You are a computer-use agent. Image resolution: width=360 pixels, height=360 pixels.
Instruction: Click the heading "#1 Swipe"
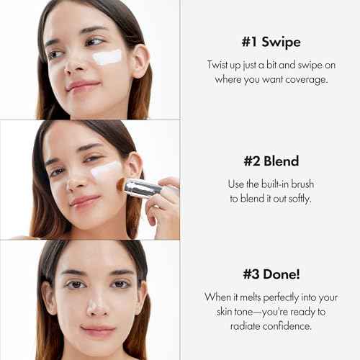[271, 41]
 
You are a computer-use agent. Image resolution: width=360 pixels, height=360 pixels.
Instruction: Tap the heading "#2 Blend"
[271, 161]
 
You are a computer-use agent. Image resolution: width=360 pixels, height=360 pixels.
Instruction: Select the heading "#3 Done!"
[271, 274]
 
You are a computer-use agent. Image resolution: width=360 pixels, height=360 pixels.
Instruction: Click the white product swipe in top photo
[108, 58]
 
